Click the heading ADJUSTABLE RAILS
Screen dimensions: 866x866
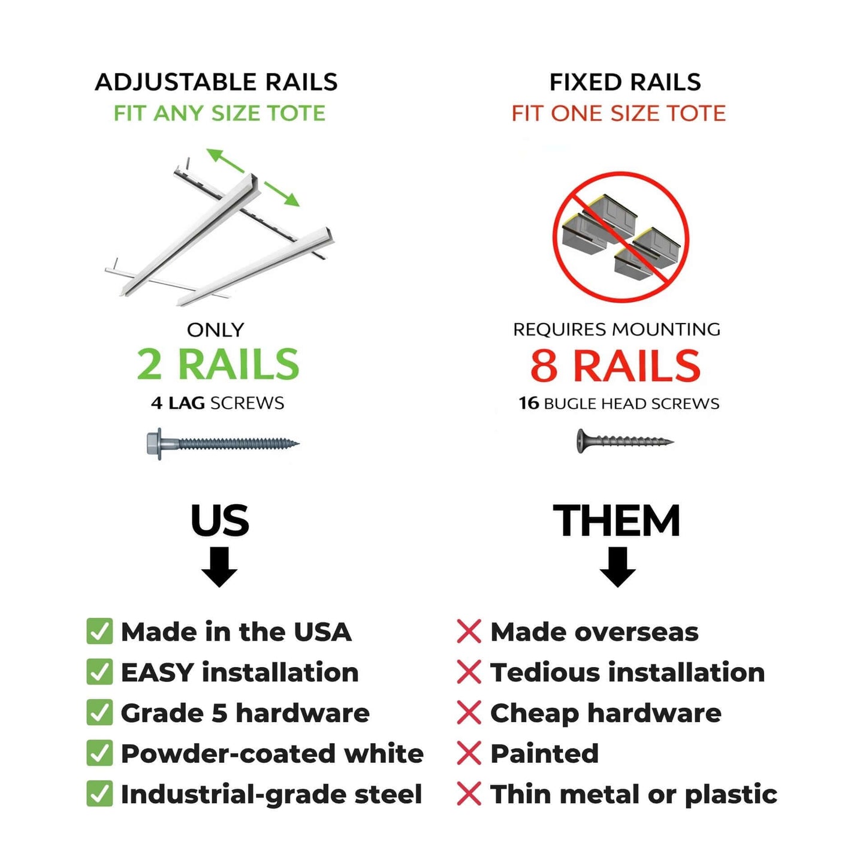pos(216,82)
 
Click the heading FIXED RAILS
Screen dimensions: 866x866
pos(625,82)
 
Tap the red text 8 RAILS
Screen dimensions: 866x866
pos(615,366)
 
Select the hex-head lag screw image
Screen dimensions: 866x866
pos(222,444)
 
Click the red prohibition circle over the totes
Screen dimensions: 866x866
pos(620,237)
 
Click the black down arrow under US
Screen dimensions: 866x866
pos(219,567)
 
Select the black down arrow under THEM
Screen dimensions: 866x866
pos(617,567)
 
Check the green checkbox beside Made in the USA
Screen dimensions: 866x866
pos(99,632)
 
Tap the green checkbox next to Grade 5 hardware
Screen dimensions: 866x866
pos(99,713)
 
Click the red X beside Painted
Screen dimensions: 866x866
pos(469,753)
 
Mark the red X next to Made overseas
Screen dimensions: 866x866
pos(469,632)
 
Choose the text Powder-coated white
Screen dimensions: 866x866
pos(272,753)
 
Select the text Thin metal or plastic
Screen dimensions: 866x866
pos(633,794)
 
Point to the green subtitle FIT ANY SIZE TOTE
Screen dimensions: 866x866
pos(219,113)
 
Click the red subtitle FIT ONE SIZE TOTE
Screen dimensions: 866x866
pos(618,113)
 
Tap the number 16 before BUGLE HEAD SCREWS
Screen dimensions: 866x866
pos(529,403)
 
